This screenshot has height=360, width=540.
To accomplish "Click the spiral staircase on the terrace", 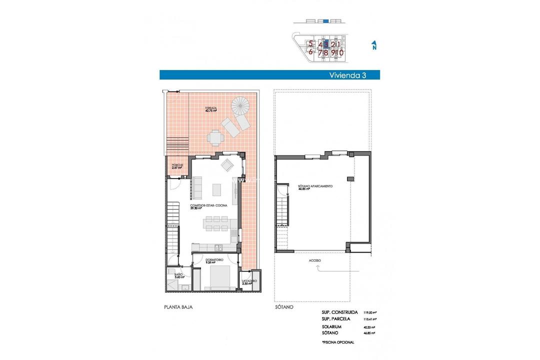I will coord(241,106).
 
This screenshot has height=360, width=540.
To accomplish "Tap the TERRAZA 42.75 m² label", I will coord(210,109).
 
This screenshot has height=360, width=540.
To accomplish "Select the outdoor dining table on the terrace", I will coord(215,136).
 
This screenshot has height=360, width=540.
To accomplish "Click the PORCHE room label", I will coord(176,166).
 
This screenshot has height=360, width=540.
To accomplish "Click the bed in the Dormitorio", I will coord(218,277).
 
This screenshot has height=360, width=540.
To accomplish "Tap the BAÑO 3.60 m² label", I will coord(179,275).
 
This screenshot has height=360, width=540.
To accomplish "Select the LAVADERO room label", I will coord(249,282).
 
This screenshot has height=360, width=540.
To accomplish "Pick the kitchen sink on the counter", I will coord(218,247).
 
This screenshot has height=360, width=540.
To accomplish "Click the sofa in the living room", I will coord(196,189).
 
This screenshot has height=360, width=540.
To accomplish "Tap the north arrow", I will coord(373,46).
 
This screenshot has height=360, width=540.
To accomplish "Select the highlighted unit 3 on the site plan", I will coord(326,44).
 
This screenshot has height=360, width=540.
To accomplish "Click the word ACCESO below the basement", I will coord(314,260).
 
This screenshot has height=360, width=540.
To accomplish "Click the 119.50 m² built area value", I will coord(369,311).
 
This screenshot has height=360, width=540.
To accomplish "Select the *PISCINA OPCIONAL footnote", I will coord(338,342).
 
